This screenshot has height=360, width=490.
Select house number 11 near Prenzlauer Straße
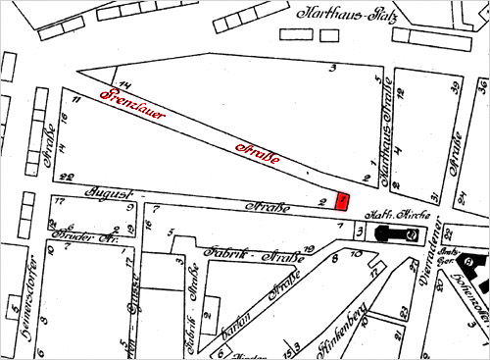(x=75, y=99)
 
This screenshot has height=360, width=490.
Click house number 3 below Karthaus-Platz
(x=333, y=68)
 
